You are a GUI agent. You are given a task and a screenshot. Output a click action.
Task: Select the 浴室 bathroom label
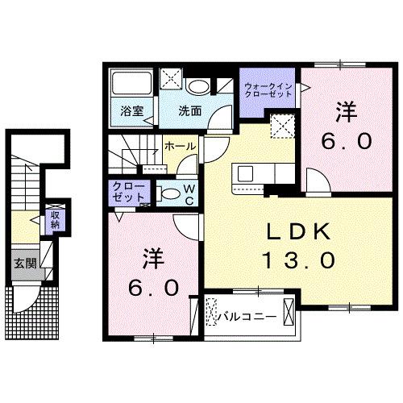coord(132,112)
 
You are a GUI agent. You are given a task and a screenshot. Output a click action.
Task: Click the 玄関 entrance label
coord(22,263)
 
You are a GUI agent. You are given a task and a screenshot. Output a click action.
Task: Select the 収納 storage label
coord(56,218)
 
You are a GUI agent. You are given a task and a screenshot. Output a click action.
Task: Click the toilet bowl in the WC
coord(167,193)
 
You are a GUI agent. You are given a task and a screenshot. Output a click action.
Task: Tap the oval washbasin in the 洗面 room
coord(197,85)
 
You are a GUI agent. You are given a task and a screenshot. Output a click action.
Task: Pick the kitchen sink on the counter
coord(243,173)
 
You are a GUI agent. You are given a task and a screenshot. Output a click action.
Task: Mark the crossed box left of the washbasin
coord(172,78)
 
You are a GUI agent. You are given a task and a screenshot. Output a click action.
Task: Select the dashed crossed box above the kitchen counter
coord(282,126)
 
